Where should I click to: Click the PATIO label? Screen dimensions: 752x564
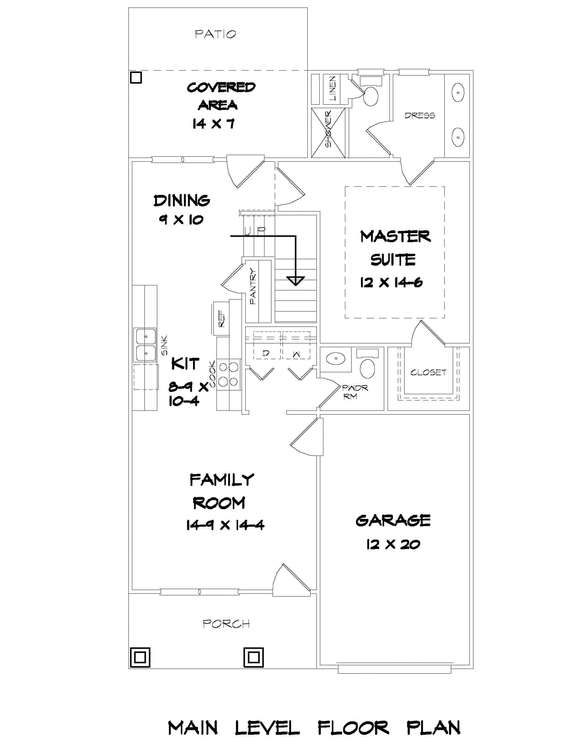click(x=215, y=34)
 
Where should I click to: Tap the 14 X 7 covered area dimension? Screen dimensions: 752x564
click(x=213, y=124)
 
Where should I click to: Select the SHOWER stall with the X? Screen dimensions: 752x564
click(x=328, y=133)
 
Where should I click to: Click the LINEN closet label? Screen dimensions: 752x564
click(x=332, y=89)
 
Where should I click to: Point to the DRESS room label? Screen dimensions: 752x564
click(x=420, y=116)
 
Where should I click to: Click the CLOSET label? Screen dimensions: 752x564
click(x=428, y=373)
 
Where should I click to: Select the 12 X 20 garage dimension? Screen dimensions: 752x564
click(x=393, y=545)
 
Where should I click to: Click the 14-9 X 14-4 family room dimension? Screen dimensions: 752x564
click(x=225, y=525)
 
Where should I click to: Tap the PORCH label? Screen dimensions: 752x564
click(x=226, y=624)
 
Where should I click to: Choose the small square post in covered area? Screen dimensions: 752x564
click(x=136, y=78)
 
